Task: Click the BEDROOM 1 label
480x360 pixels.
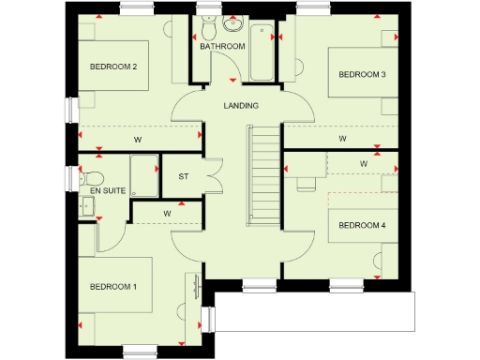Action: click(113, 286)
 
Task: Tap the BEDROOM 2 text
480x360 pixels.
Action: click(113, 67)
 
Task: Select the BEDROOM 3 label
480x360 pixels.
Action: click(362, 74)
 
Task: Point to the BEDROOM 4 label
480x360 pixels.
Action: click(362, 225)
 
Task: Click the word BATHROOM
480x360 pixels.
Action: click(222, 46)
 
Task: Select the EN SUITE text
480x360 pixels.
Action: click(108, 190)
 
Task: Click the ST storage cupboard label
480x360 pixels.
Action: click(184, 176)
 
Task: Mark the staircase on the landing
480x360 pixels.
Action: click(263, 175)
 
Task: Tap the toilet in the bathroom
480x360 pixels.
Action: click(207, 22)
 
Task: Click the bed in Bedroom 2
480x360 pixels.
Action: click(114, 64)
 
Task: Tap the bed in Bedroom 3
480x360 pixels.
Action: click(362, 70)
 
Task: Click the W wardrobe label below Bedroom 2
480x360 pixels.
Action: click(138, 141)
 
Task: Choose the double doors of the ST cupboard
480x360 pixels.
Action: click(212, 175)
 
